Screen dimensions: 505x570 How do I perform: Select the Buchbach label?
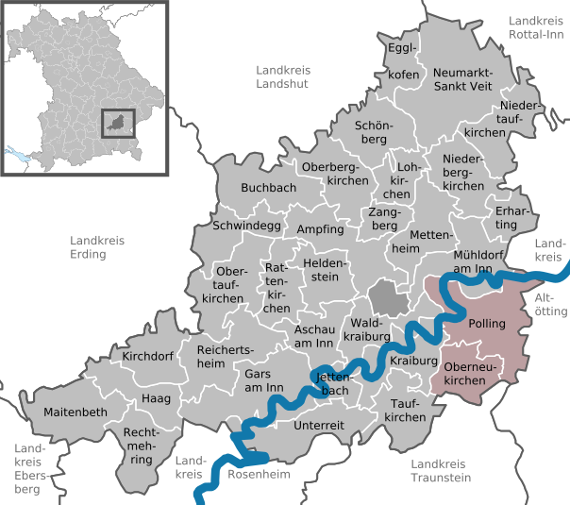tap(269, 188)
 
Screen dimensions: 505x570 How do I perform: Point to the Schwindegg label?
tap(246, 227)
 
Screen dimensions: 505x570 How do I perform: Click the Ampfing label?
tap(320, 229)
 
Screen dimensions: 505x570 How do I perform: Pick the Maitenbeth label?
tap(75, 412)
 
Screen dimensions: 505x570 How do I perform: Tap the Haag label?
tap(156, 399)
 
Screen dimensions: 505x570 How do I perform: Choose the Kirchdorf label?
tap(150, 357)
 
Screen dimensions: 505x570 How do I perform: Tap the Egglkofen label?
tap(403, 59)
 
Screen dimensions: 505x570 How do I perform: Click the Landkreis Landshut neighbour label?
tap(286, 76)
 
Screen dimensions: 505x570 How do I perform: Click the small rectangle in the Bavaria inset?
tap(118, 124)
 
